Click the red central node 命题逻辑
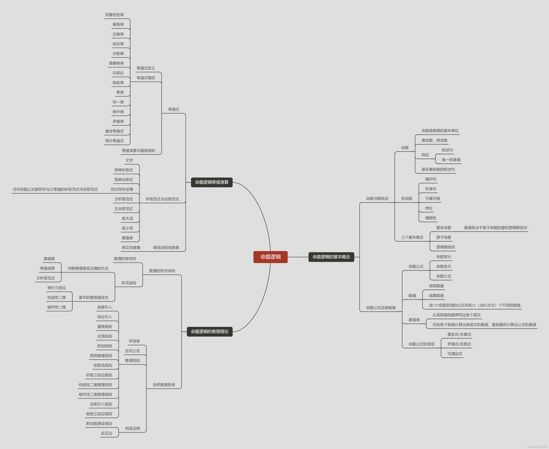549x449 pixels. (x=270, y=257)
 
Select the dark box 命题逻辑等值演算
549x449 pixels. (x=212, y=182)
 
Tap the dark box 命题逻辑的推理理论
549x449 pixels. (x=210, y=332)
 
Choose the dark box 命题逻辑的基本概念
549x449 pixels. (x=331, y=257)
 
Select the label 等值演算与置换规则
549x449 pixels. (x=138, y=150)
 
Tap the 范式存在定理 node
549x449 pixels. (x=122, y=189)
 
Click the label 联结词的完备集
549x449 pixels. (x=166, y=247)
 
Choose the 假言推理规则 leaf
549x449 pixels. (x=101, y=356)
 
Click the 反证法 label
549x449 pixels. (x=106, y=433)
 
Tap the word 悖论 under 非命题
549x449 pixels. (x=429, y=208)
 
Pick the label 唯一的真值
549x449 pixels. (x=451, y=160)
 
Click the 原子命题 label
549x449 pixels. (x=444, y=237)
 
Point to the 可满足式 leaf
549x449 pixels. (x=455, y=354)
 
